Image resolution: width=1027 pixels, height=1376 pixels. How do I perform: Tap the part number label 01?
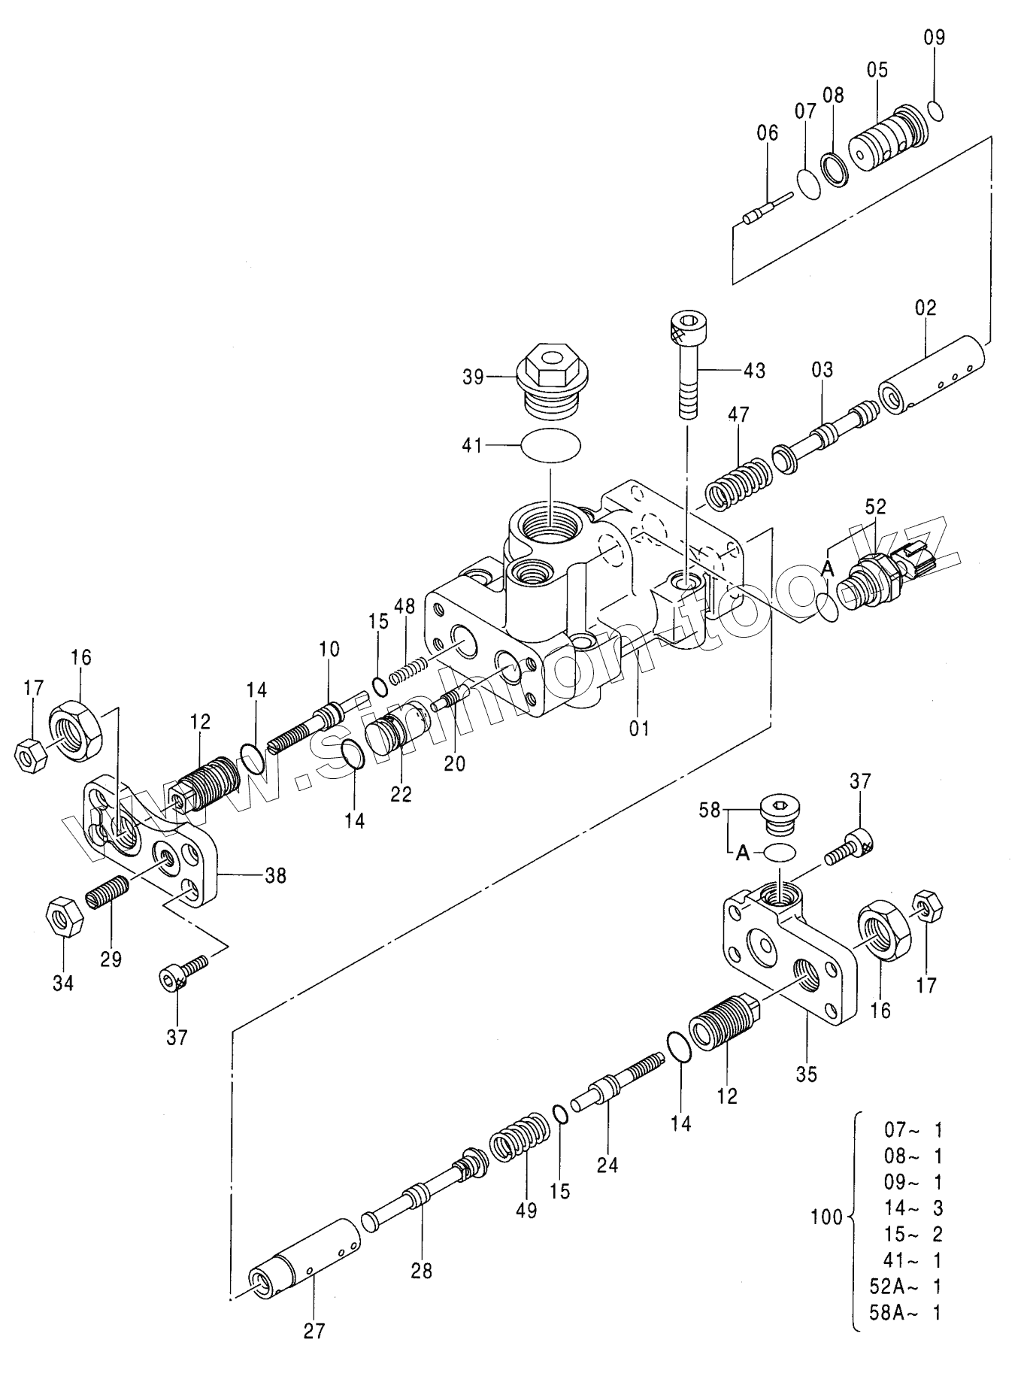coord(639,728)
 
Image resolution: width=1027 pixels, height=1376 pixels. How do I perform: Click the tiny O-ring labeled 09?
coord(935,110)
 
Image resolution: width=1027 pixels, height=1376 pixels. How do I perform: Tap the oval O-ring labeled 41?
coord(551,445)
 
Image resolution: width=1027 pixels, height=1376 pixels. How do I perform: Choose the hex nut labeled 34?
coord(60,917)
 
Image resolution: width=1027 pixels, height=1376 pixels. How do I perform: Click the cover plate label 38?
coord(276,875)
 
